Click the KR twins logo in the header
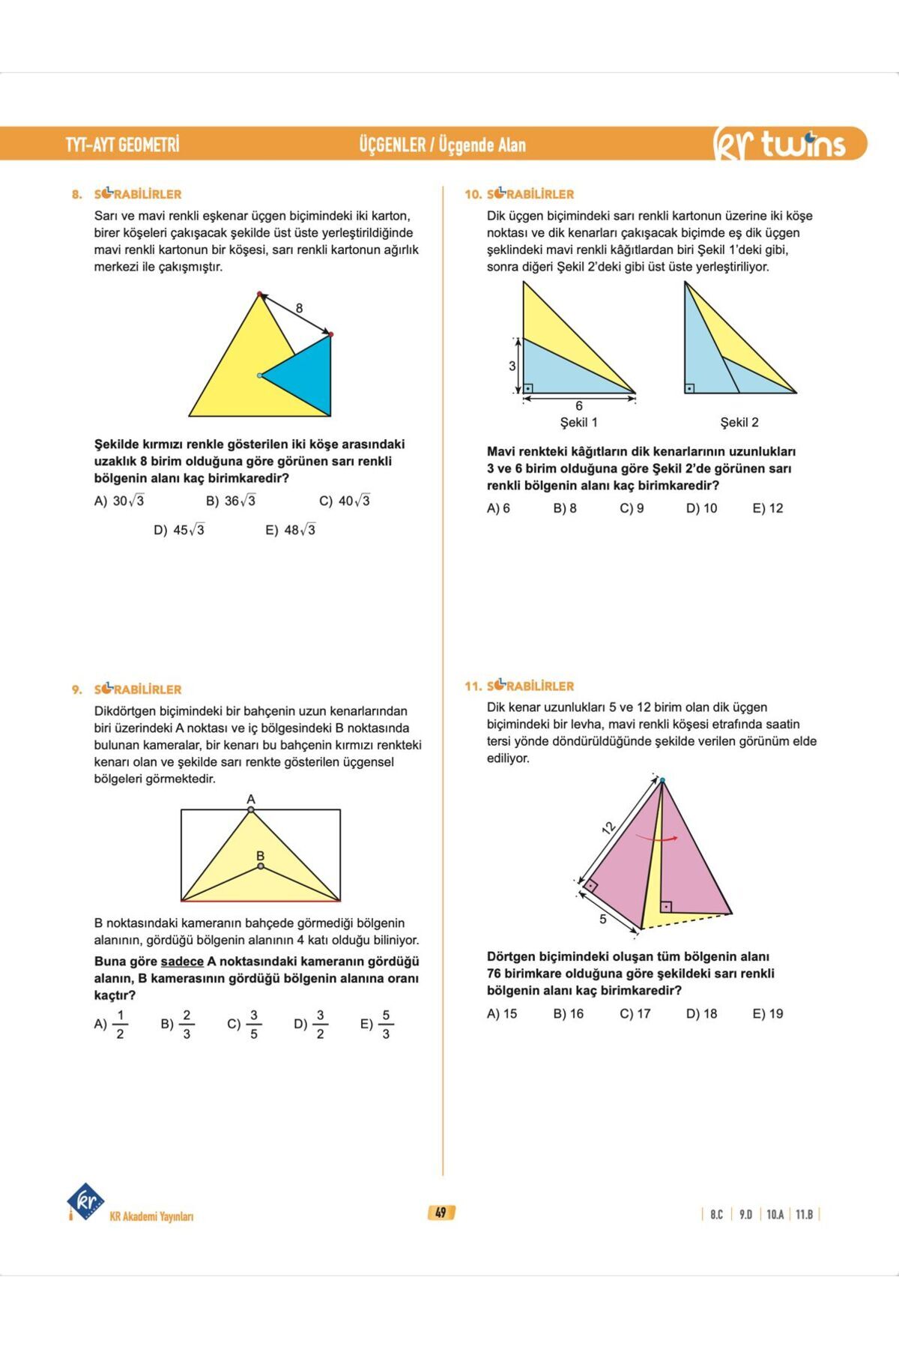point(779,144)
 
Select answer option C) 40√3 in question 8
point(345,501)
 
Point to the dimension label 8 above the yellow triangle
point(300,308)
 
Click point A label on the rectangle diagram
point(251,799)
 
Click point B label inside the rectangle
point(260,855)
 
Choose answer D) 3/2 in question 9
point(312,1024)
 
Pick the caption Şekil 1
point(579,422)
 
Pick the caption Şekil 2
point(739,422)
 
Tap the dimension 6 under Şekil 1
point(579,406)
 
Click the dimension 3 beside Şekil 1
point(512,366)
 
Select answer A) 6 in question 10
point(498,508)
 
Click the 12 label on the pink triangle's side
point(608,827)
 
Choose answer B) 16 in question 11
point(568,1014)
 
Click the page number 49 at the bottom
point(441,1213)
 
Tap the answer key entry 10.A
point(775,1214)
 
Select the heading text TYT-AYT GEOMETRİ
point(122,144)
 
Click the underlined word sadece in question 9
point(182,962)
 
